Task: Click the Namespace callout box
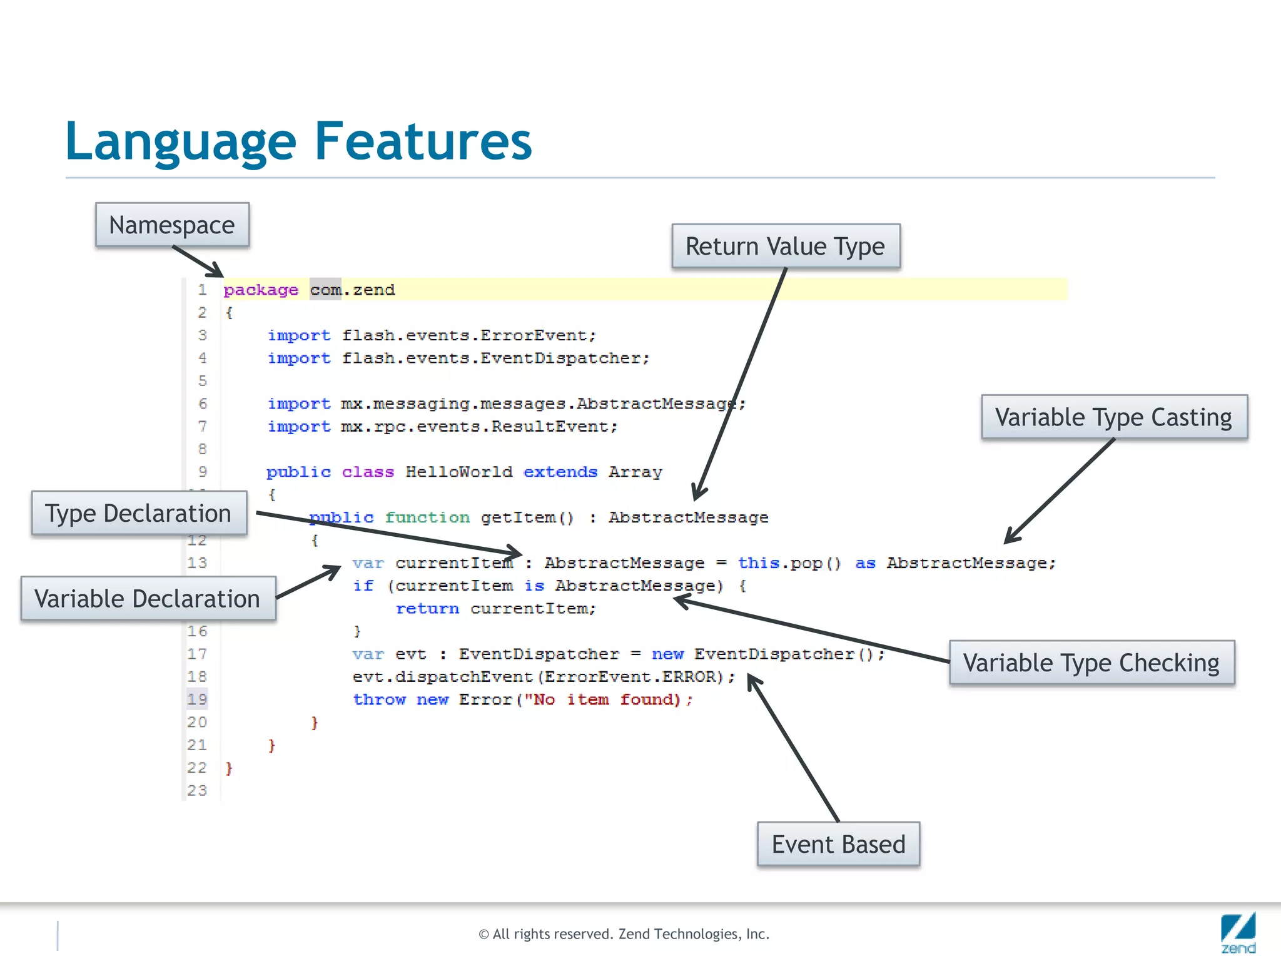click(172, 225)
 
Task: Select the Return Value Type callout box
click(786, 247)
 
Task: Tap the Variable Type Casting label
click(1113, 417)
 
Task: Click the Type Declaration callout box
click(139, 514)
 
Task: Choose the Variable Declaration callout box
click(148, 599)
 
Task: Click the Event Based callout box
click(838, 845)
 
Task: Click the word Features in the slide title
click(423, 141)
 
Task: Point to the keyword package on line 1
click(261, 290)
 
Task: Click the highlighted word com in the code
click(325, 290)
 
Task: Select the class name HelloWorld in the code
click(458, 472)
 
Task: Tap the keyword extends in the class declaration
click(560, 472)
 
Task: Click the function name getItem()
click(527, 518)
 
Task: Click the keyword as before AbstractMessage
click(865, 564)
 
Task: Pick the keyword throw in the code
click(379, 700)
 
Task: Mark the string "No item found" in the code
click(602, 700)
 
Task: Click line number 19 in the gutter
click(197, 699)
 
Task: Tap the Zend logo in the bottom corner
click(1238, 932)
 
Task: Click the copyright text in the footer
click(624, 934)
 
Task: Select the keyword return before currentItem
click(427, 609)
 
